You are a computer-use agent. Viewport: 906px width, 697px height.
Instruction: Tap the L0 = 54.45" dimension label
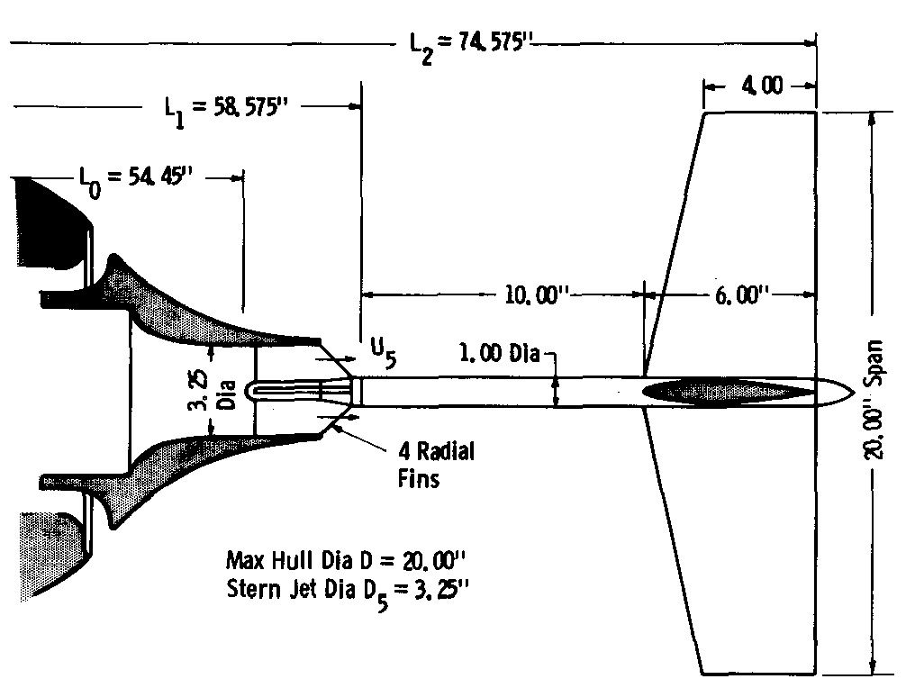pyautogui.click(x=133, y=177)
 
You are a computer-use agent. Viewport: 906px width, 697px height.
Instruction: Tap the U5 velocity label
pyautogui.click(x=385, y=352)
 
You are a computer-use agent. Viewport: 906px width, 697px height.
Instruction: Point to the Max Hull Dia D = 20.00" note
pyautogui.click(x=346, y=559)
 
